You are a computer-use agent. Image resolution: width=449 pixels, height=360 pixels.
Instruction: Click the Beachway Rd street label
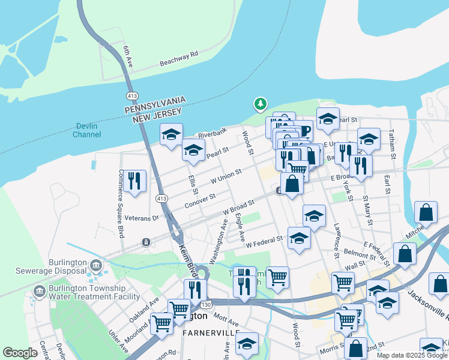tap(178, 58)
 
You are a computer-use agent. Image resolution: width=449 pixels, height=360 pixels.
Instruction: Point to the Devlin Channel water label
tap(87, 130)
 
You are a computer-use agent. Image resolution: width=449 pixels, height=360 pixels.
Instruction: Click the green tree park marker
tap(261, 105)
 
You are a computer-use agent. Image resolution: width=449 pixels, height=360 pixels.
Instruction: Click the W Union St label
tap(225, 176)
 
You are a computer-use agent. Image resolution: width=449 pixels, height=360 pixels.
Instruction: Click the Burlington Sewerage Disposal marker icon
tap(95, 265)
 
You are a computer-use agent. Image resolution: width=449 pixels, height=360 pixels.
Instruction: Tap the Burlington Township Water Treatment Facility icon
tap(40, 291)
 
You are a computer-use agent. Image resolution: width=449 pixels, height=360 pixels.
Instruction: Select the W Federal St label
tap(264, 242)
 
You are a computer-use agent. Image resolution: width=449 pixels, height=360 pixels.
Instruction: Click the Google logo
tap(20, 352)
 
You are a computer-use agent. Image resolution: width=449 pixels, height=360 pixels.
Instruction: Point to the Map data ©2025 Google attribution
tap(411, 355)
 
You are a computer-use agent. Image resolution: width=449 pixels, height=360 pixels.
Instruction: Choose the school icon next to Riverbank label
tap(171, 134)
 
